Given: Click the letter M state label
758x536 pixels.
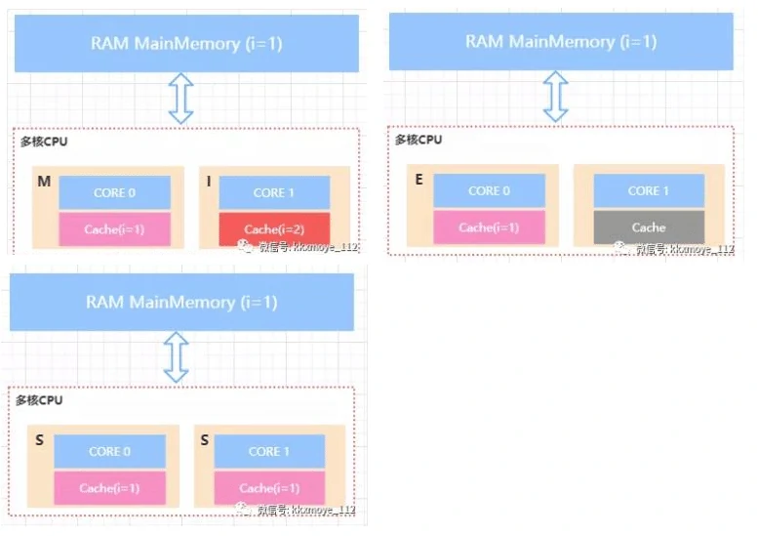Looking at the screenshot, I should point(45,183).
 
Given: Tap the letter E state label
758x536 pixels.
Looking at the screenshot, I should point(419,181).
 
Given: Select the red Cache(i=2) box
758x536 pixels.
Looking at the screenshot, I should point(274,229).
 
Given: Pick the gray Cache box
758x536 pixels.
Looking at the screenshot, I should point(648,227).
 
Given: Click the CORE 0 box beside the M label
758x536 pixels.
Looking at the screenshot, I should point(114,192).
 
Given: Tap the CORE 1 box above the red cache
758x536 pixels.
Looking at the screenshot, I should point(274,192).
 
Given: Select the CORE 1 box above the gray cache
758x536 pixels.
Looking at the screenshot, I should point(648,190).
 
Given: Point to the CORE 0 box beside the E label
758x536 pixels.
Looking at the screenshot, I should point(489,190).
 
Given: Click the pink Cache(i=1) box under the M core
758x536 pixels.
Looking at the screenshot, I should point(114,229).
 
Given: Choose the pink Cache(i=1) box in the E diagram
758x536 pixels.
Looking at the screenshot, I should point(489,227).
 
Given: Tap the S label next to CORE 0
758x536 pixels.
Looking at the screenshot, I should point(40,441).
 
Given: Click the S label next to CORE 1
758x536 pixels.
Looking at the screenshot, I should point(205,441).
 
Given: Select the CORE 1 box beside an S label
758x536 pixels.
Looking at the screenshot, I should point(269,451).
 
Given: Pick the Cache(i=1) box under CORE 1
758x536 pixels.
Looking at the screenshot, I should point(269,488).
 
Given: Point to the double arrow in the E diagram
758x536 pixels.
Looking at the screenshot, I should point(555,97).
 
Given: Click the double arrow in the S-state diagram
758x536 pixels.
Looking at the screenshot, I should point(176,356).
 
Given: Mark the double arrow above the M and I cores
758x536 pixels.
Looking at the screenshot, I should point(181,99).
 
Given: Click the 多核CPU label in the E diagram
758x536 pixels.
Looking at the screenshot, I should point(419,140).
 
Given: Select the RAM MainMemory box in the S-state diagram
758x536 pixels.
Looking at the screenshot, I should point(181,302).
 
